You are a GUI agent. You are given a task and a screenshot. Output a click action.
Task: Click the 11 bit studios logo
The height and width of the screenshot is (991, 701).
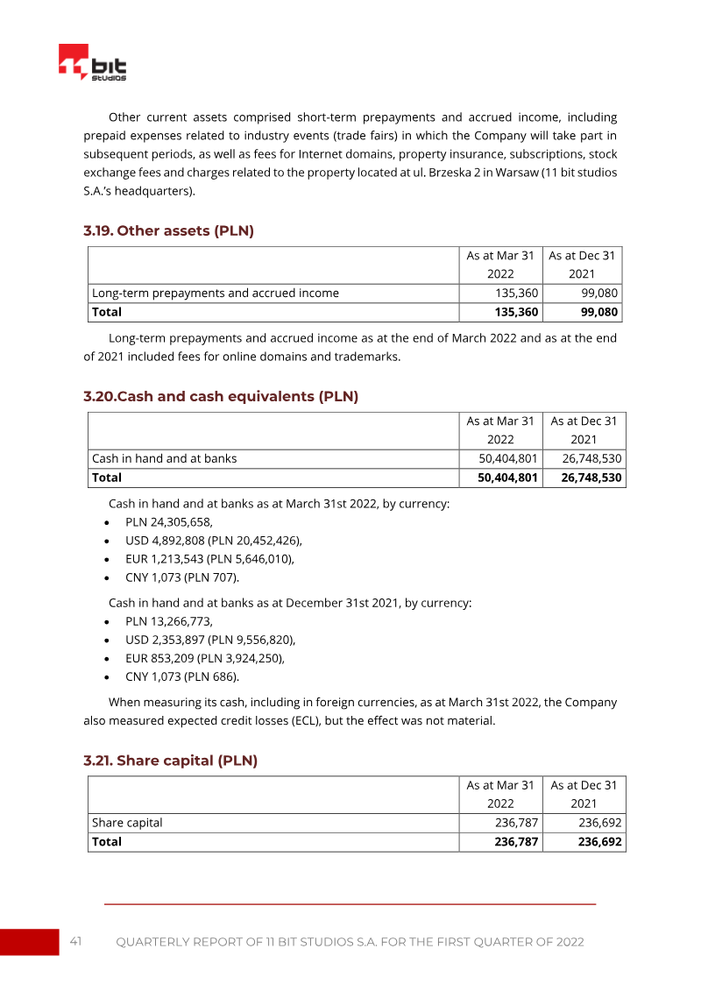point(93,62)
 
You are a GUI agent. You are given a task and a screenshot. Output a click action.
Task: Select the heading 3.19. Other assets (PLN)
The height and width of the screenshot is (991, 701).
point(168,231)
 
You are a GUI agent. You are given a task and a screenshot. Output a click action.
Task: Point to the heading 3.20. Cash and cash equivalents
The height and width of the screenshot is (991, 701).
point(221,396)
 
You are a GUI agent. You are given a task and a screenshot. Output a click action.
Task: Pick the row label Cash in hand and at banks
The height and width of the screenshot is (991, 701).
point(165,458)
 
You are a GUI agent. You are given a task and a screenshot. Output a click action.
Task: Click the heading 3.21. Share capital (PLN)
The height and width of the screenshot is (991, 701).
point(170,761)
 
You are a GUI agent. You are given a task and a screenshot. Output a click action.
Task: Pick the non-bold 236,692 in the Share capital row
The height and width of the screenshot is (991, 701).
point(600,823)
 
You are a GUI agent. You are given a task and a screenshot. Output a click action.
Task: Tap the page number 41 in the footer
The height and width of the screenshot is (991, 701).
point(76,942)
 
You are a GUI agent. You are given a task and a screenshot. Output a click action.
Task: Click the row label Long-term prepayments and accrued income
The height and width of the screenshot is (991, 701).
point(216,293)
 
